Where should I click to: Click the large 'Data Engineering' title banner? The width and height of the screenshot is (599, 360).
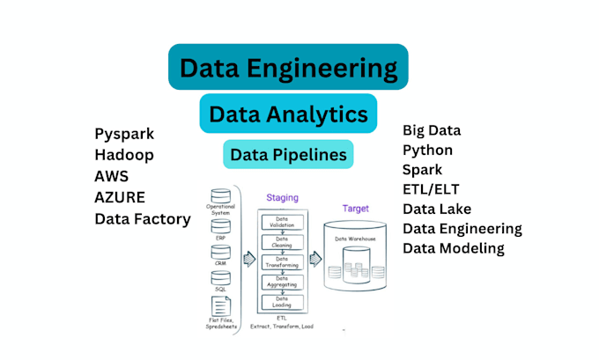(x=288, y=67)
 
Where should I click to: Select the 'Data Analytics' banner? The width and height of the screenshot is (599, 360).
(x=288, y=114)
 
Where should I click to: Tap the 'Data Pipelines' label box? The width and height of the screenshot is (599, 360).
(x=288, y=155)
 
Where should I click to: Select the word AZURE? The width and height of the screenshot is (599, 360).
(x=120, y=197)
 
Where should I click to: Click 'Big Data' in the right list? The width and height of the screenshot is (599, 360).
(x=432, y=131)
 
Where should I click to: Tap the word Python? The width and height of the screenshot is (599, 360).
(x=428, y=151)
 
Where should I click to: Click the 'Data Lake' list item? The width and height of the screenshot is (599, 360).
(x=437, y=209)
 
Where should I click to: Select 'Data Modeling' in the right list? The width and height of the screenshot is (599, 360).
(x=454, y=248)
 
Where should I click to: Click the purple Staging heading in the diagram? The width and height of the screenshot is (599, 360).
(x=281, y=201)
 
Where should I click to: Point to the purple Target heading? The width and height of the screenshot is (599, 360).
(x=354, y=209)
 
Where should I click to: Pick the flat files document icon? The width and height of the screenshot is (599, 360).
(x=221, y=305)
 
